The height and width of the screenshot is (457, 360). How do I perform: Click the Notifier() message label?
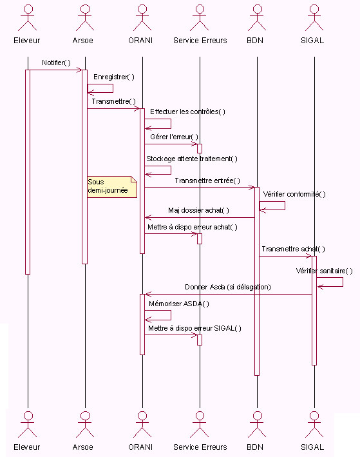coord(56,63)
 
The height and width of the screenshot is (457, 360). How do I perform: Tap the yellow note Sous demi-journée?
coord(112,186)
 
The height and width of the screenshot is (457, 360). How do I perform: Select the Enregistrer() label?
coord(114,77)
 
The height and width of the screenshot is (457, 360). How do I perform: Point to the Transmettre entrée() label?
coord(207,180)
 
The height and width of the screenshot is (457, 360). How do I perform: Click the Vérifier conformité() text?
coord(294,194)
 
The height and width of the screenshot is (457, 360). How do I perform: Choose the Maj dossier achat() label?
coord(198,210)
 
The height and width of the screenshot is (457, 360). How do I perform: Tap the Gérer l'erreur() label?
coord(174,137)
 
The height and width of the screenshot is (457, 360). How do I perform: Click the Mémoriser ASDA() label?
coord(179,304)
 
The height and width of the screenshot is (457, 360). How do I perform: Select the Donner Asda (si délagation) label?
coord(228,287)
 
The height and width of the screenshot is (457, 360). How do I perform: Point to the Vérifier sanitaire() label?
coord(324,271)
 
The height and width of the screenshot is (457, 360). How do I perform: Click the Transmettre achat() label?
coord(293,249)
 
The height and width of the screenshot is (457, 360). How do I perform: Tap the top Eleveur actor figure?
coord(28,18)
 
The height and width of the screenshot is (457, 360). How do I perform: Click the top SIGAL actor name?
coord(312,41)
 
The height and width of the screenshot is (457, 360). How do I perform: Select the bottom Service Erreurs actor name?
coord(200,447)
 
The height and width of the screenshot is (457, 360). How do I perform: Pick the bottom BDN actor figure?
coord(257,424)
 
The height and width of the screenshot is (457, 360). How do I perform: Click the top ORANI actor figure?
coord(142,18)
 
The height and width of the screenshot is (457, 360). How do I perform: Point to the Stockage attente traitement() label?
coord(192,159)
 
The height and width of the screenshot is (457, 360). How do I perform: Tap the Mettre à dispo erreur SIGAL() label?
coord(195,329)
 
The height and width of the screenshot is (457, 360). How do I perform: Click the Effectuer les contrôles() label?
coord(187,112)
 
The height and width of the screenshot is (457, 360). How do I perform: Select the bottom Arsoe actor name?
coord(82,447)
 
